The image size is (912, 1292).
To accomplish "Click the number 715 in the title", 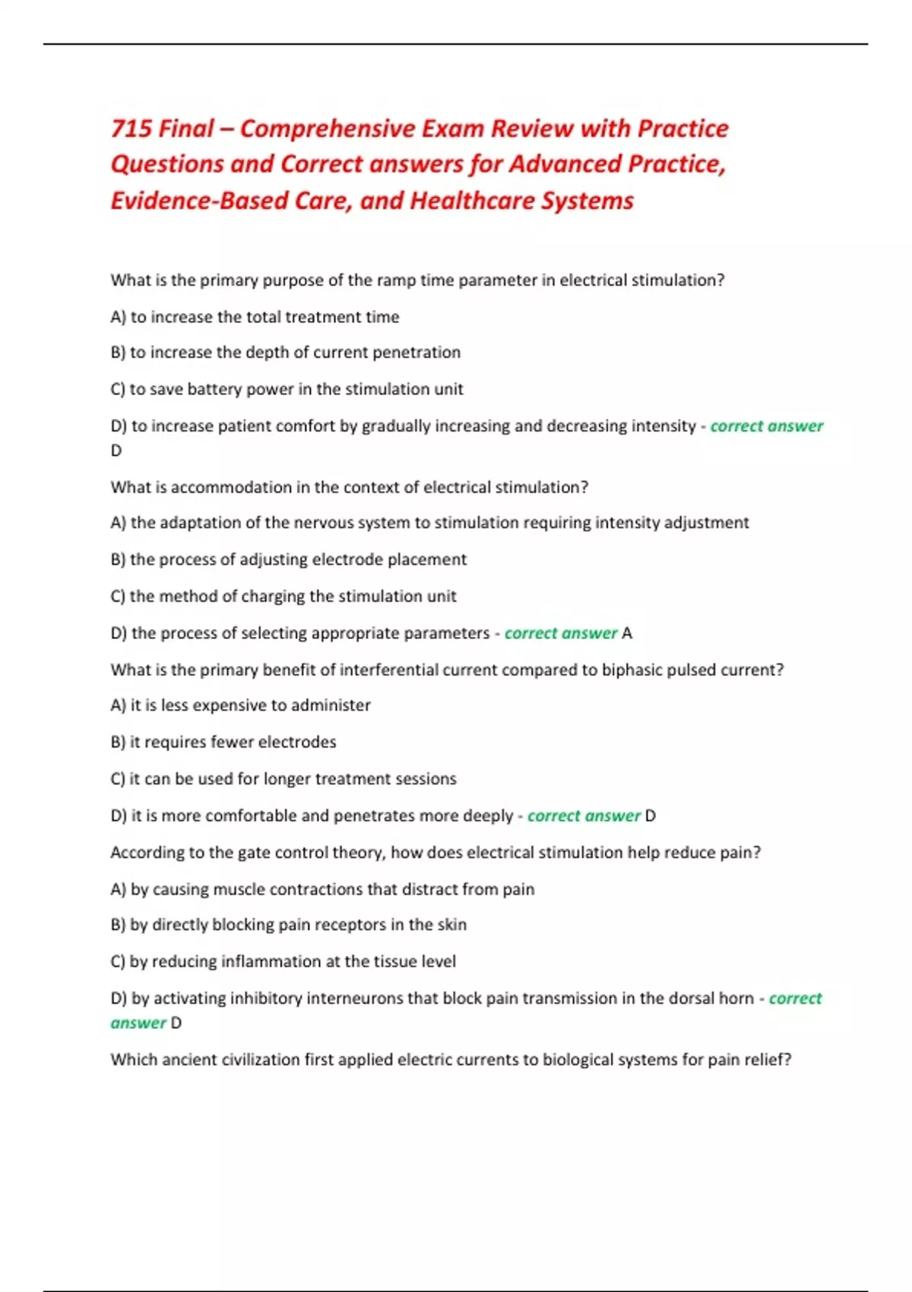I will click(131, 128).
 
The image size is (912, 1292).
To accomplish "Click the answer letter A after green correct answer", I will click(627, 633).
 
